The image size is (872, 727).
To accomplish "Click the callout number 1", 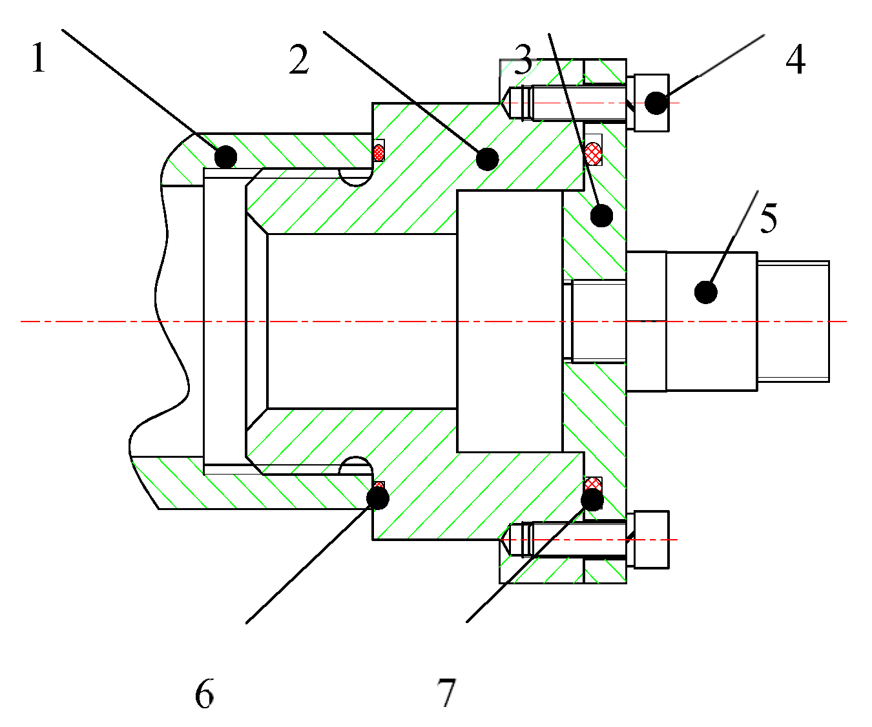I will (x=39, y=58).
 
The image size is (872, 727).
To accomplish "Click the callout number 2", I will (x=299, y=60).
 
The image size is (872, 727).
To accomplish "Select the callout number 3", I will (x=523, y=59).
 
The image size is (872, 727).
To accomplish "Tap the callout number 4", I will (x=795, y=60).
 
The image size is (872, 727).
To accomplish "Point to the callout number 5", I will (x=768, y=218).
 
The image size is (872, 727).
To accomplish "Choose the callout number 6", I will (x=204, y=695).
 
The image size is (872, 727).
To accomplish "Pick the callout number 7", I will (x=446, y=693).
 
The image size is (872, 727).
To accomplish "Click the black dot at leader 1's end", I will (x=225, y=156).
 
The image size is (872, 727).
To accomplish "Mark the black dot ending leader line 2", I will (x=487, y=158).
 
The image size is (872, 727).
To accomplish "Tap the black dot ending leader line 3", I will (x=601, y=216).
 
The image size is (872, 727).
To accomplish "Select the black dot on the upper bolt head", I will (x=656, y=103).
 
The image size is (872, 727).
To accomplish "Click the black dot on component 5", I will (x=706, y=292).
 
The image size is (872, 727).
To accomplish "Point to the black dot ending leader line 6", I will (x=377, y=498).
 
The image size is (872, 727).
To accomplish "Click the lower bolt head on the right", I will (x=651, y=540).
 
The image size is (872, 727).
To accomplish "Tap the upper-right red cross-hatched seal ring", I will (x=593, y=153).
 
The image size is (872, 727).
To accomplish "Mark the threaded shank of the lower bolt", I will (x=575, y=540).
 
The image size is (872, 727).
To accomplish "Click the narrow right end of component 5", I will (x=793, y=321).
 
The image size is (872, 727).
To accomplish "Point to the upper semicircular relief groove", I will (x=356, y=178).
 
